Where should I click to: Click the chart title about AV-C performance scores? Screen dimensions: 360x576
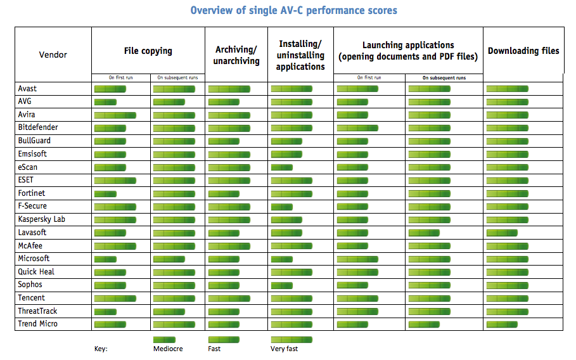point(294,11)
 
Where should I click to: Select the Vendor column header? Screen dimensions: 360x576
point(53,55)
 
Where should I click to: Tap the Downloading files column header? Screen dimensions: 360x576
point(523,51)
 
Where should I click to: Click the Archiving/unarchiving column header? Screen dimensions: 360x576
point(238,55)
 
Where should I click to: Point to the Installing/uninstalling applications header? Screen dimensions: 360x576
point(300,55)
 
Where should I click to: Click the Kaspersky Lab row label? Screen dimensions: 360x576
point(42,219)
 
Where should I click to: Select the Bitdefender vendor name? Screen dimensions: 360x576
point(38,127)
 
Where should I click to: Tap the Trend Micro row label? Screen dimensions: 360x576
point(38,324)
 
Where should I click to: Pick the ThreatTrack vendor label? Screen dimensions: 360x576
point(38,311)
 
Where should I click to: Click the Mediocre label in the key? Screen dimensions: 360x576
point(168,349)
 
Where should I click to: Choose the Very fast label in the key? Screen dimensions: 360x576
point(284,349)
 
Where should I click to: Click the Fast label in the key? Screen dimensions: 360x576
point(214,349)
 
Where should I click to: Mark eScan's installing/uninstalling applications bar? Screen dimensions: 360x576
point(281,167)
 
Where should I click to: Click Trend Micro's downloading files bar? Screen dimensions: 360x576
point(502,325)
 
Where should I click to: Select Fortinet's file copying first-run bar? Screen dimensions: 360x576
point(105,193)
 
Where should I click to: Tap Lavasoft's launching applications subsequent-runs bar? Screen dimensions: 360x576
point(424,233)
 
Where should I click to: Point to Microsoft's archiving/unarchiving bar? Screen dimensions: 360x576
point(224,259)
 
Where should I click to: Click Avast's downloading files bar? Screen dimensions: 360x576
point(507,89)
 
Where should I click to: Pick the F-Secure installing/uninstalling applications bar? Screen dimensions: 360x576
point(281,207)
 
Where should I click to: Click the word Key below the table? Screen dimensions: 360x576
point(101,349)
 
